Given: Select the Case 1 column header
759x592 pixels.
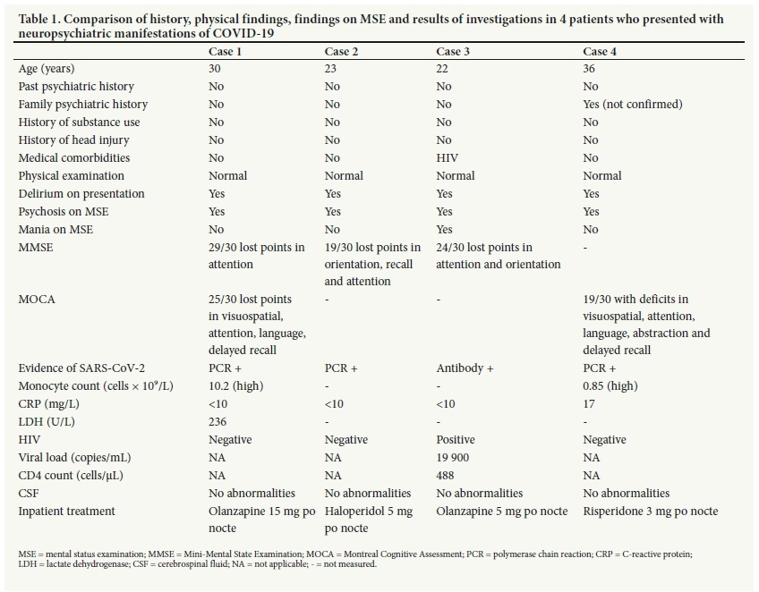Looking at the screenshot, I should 226,52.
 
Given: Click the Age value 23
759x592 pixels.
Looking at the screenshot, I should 332,69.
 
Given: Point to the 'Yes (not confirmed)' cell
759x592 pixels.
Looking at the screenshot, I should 632,105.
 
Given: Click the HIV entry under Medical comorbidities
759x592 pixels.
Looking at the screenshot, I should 447,158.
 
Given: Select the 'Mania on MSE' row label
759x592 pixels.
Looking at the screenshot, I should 55,230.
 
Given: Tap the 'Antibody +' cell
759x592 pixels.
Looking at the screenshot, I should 465,368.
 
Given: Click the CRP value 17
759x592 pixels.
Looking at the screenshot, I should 591,404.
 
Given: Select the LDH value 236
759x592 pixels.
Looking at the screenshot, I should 218,422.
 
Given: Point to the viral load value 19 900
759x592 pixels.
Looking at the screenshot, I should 456,458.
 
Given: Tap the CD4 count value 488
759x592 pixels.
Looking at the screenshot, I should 445,476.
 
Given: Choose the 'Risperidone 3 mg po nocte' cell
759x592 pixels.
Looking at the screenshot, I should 650,512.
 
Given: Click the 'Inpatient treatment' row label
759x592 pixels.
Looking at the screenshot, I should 67,512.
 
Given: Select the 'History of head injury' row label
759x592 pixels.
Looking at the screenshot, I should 73,140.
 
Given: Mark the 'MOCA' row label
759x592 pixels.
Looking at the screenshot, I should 37,300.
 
